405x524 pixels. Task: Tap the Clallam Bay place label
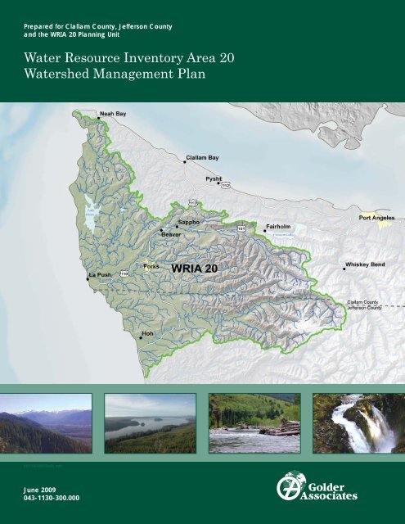(x=202, y=156)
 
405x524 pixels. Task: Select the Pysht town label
(x=214, y=178)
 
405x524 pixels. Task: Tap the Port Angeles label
(x=376, y=219)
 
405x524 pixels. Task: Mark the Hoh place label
(x=148, y=334)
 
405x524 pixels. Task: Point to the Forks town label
(x=151, y=266)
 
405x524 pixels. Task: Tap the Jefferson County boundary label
(x=364, y=308)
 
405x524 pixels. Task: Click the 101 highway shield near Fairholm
(x=242, y=228)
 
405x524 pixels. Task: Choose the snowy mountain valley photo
(x=46, y=423)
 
